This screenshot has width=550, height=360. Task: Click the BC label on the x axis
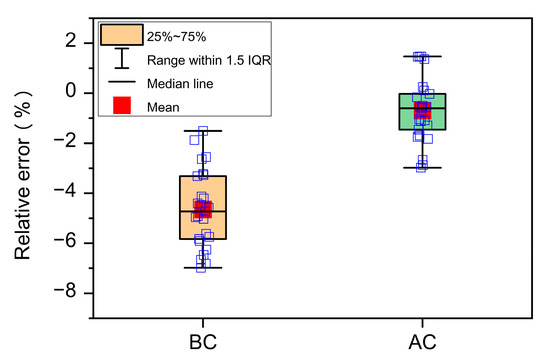click(203, 339)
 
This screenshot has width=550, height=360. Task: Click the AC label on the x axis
click(422, 339)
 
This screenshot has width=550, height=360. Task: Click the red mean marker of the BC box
click(203, 209)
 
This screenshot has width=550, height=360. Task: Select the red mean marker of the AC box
click(422, 110)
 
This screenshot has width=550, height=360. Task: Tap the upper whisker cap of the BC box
click(203, 131)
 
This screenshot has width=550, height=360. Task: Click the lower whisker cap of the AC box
click(422, 168)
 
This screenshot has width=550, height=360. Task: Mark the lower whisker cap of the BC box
click(203, 267)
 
